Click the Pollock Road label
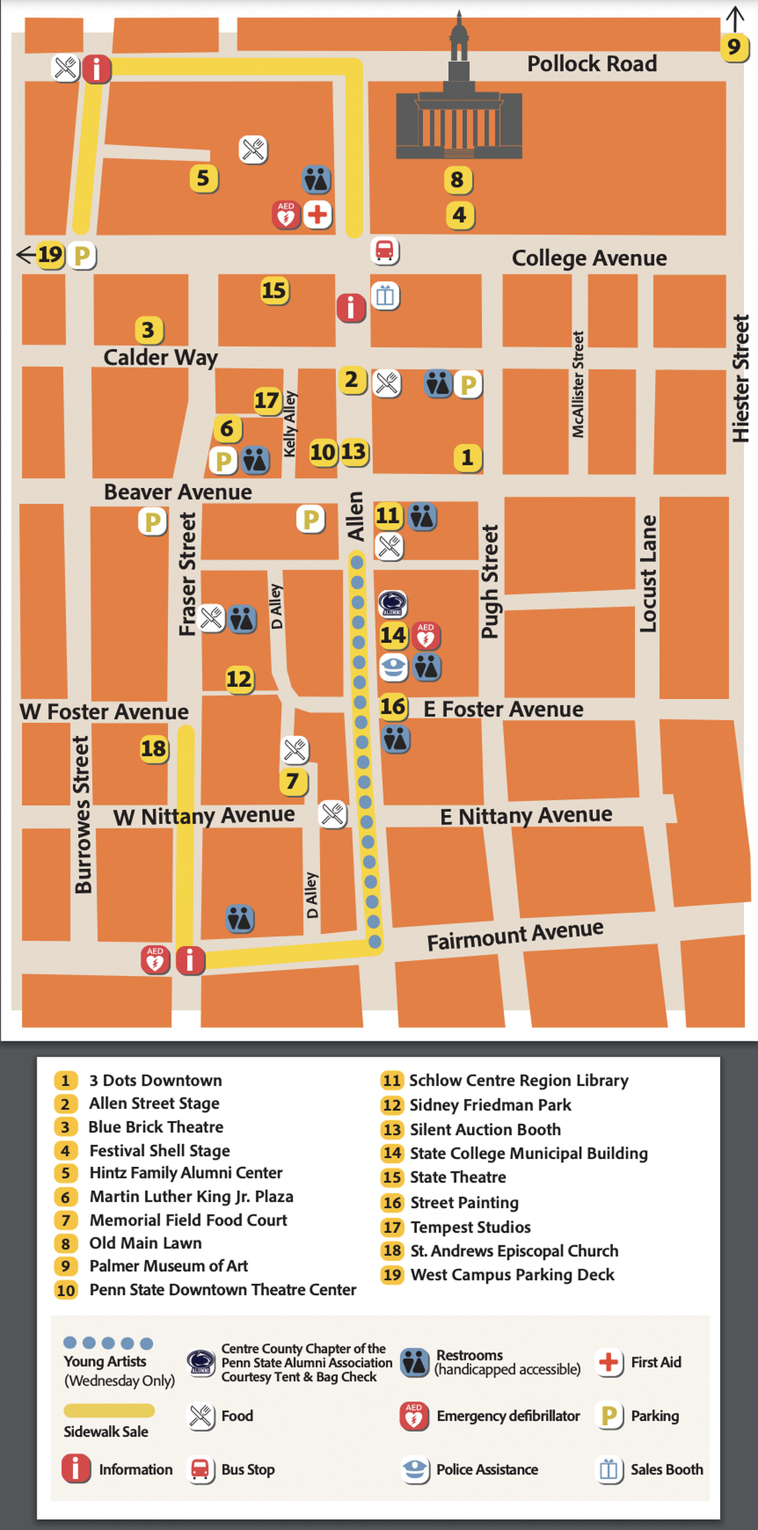(592, 64)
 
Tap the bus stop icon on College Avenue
(385, 251)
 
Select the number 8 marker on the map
(457, 180)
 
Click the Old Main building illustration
(459, 113)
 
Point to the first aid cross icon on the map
(318, 215)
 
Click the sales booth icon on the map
(386, 296)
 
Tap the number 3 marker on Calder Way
(148, 330)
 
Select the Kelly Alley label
(290, 424)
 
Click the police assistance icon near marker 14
(393, 667)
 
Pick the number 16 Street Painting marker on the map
(392, 706)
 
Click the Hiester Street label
(741, 379)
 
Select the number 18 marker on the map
(154, 749)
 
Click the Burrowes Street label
(82, 815)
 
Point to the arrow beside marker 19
(25, 254)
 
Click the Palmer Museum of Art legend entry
(168, 1266)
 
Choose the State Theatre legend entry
(457, 1177)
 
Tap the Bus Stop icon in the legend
(200, 1469)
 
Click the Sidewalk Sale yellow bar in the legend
(109, 1410)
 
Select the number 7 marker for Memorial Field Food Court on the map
(293, 781)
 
